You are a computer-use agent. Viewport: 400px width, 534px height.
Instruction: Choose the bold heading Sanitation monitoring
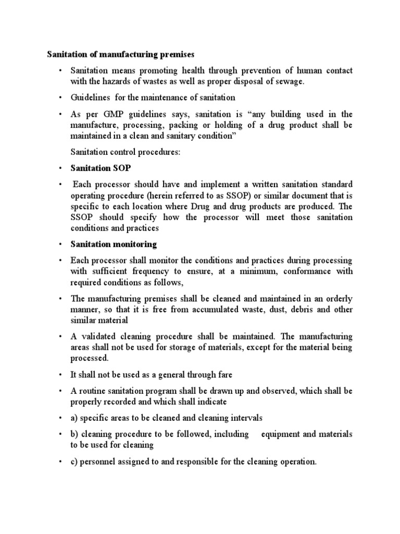coord(114,244)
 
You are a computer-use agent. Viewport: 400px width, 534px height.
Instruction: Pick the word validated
coord(99,336)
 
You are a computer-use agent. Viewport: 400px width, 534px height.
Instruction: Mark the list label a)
coord(75,418)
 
